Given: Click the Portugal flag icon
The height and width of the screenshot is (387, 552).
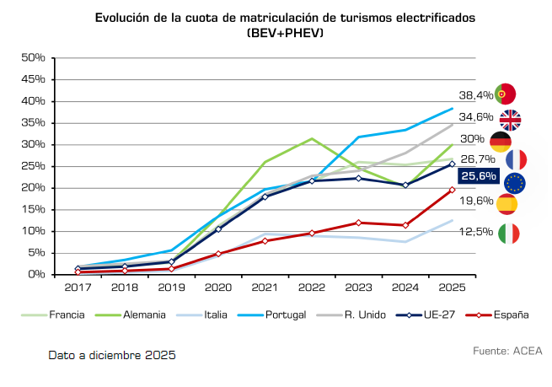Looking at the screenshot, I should (506, 94).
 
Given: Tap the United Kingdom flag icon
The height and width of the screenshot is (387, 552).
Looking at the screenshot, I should (511, 120).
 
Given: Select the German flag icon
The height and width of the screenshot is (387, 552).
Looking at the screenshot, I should (501, 141).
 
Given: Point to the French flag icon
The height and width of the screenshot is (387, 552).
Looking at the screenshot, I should (516, 159).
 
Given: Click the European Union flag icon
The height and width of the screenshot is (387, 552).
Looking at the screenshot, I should (514, 182).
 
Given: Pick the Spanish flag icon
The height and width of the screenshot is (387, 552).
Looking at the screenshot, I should (506, 204).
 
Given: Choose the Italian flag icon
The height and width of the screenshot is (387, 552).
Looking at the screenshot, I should (509, 234).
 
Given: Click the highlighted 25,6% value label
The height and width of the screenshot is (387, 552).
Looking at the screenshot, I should (477, 176).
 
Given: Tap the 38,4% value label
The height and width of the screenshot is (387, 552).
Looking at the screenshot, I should (475, 95).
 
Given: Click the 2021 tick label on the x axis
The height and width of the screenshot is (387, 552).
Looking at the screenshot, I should (265, 288).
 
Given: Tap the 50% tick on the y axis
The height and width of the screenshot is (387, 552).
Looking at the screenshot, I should (32, 57).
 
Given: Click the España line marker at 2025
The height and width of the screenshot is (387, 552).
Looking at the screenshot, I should (452, 190).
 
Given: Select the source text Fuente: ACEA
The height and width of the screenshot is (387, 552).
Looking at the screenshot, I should (508, 350).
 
